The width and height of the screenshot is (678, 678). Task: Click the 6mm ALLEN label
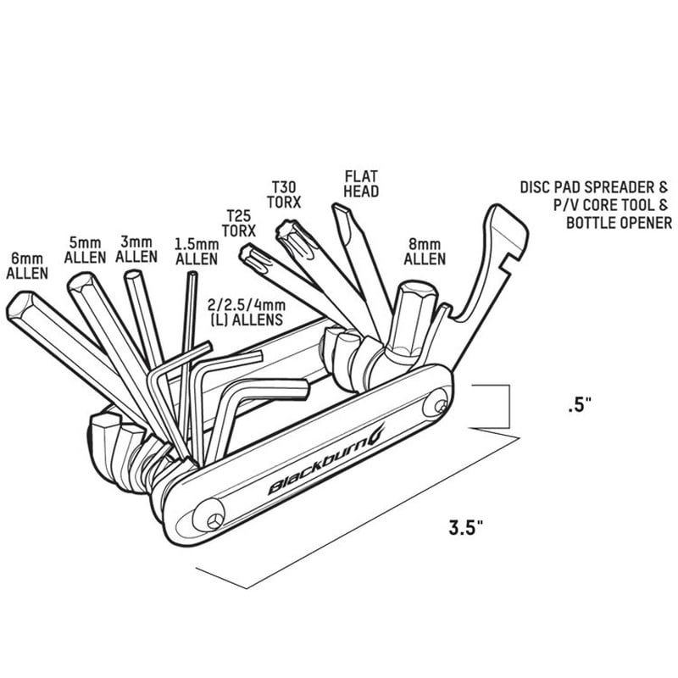27,264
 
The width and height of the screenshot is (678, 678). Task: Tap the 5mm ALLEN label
85,248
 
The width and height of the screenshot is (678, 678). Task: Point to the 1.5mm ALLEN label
197,251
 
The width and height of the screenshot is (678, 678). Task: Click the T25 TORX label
239,223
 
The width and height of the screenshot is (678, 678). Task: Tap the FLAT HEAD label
361,184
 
